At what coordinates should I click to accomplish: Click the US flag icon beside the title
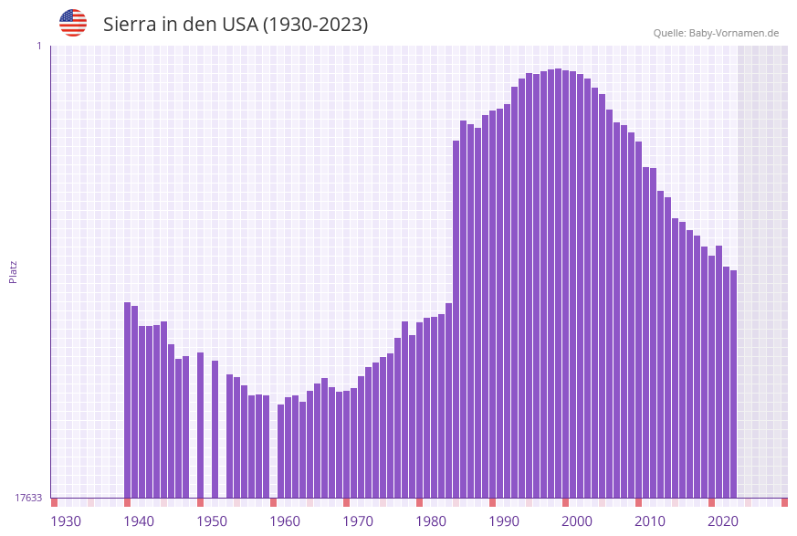[x=73, y=23]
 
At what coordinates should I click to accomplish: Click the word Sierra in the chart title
[x=130, y=25]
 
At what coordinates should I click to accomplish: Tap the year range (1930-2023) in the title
[x=315, y=25]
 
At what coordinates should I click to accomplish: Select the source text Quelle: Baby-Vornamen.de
[x=716, y=33]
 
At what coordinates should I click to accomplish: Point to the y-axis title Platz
[x=14, y=271]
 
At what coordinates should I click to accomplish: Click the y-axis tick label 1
[x=38, y=46]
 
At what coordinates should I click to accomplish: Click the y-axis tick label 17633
[x=27, y=498]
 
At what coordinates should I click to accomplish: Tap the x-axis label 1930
[x=66, y=521]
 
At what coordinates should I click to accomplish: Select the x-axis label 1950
[x=212, y=521]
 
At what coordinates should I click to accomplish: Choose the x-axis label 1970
[x=358, y=521]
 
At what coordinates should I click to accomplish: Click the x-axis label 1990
[x=504, y=521]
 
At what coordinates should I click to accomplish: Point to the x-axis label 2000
[x=577, y=521]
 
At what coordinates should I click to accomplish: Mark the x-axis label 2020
[x=723, y=521]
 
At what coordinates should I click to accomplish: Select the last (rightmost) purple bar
[x=733, y=384]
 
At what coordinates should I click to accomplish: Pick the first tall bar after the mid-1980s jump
[x=456, y=319]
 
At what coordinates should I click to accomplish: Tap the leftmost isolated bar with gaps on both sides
[x=201, y=425]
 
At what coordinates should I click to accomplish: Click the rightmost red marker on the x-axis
[x=784, y=502]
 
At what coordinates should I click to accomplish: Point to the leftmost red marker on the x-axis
[x=55, y=502]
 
